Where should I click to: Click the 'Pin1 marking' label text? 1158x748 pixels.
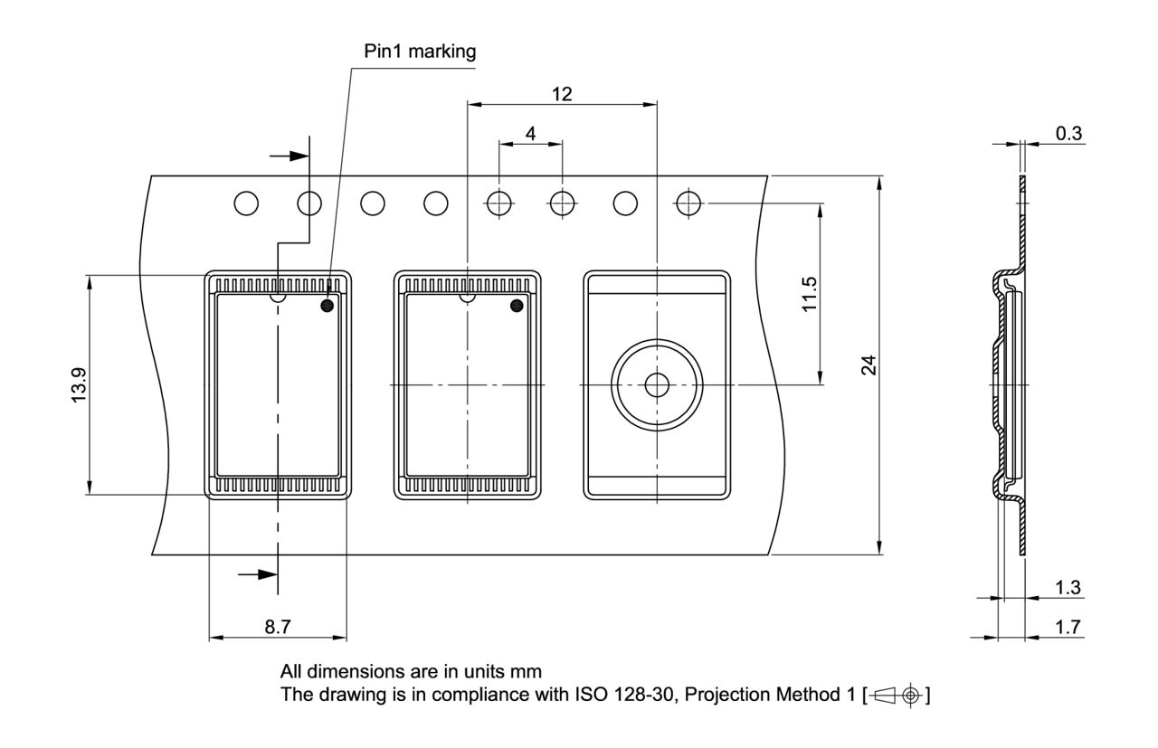pos(420,52)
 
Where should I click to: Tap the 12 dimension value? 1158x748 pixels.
pos(562,93)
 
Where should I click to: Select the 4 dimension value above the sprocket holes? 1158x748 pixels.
pos(530,133)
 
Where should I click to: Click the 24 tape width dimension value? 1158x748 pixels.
pos(869,365)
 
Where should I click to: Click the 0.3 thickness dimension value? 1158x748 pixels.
pos(1068,133)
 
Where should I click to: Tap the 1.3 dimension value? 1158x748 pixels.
pos(1068,588)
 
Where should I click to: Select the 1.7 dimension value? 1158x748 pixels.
pos(1068,627)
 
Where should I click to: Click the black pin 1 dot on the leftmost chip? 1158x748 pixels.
pos(327,306)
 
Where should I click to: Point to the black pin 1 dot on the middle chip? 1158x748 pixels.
pos(517,306)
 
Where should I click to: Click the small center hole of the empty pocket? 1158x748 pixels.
pos(656,385)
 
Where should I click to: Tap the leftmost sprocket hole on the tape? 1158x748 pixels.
pos(246,204)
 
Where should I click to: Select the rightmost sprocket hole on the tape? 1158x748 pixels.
pos(689,204)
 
